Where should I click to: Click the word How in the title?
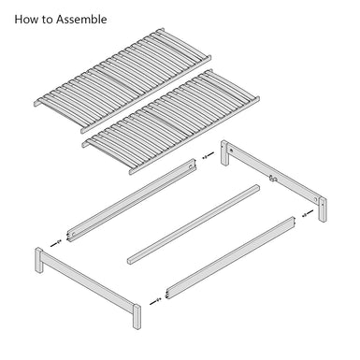[x=26, y=19]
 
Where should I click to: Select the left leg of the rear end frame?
[x=225, y=152]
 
